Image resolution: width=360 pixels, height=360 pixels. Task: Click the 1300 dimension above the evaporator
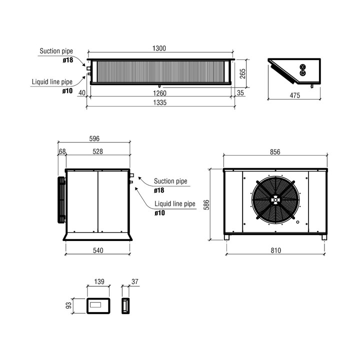(159, 48)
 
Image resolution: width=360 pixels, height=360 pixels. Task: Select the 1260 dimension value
(159, 93)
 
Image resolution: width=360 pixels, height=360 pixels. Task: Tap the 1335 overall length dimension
(160, 102)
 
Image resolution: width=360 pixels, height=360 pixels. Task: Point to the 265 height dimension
(242, 73)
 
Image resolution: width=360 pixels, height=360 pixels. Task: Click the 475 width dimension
(295, 95)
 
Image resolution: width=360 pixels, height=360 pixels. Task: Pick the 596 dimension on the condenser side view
(94, 138)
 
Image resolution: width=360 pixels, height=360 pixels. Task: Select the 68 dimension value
(62, 151)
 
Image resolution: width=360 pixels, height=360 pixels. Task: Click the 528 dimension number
(98, 151)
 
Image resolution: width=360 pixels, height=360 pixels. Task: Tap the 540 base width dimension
(98, 250)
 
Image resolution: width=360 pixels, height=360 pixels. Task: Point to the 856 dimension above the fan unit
(275, 152)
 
